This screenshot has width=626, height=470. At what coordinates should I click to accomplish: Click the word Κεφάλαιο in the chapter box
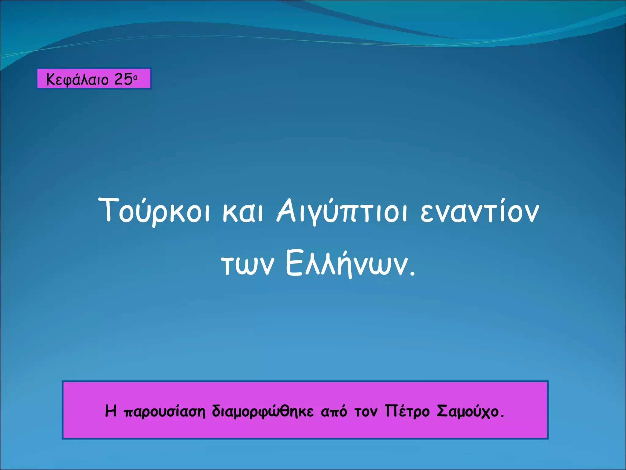[x=77, y=80]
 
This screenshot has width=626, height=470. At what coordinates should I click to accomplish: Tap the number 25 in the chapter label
[x=123, y=79]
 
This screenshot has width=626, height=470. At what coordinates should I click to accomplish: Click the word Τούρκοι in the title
[x=154, y=211]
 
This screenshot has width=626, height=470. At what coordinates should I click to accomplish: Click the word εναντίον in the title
[x=479, y=212]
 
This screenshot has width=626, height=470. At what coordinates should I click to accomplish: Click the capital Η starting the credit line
[x=111, y=411]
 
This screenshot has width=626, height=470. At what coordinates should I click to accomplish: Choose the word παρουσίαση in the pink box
[x=165, y=412]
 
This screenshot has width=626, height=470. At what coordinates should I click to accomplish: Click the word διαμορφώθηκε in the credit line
[x=263, y=412]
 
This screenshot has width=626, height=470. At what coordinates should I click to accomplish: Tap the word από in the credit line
[x=334, y=412]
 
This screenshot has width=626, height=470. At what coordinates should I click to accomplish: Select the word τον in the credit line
[x=366, y=412]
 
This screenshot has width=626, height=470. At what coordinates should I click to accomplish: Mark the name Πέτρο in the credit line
[x=407, y=411]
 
